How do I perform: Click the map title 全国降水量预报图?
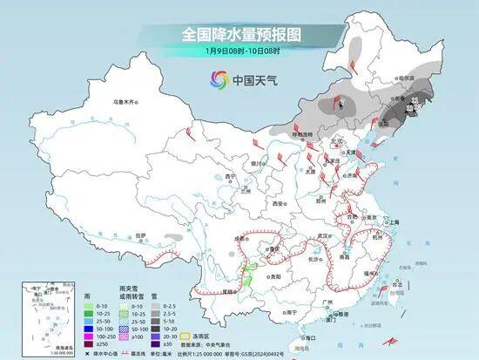[x=239, y=34]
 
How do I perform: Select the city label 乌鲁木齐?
[x=125, y=103]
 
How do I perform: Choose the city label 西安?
[x=278, y=202]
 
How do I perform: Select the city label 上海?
[x=390, y=223]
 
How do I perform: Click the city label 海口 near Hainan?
[x=307, y=336]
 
